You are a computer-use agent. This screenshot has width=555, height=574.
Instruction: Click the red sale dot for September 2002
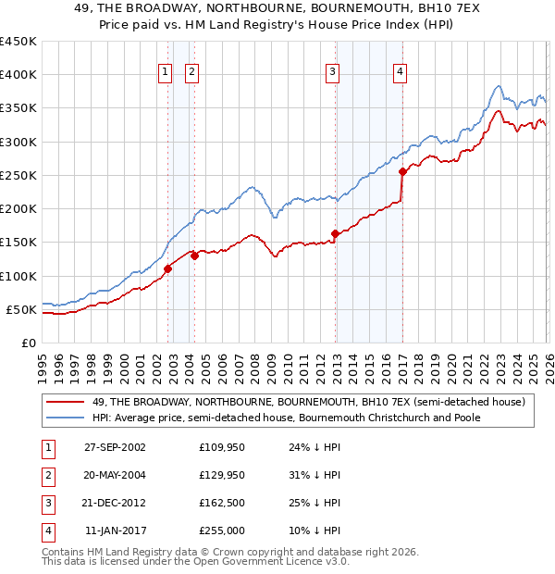(167, 269)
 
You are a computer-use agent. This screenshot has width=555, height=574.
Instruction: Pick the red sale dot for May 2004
(195, 256)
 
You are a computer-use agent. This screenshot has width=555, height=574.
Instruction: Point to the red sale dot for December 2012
(335, 234)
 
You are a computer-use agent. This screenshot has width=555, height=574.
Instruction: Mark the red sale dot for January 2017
(402, 171)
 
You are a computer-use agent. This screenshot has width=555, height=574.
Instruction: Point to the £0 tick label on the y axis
(28, 343)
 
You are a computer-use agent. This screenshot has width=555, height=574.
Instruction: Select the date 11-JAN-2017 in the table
(115, 531)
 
